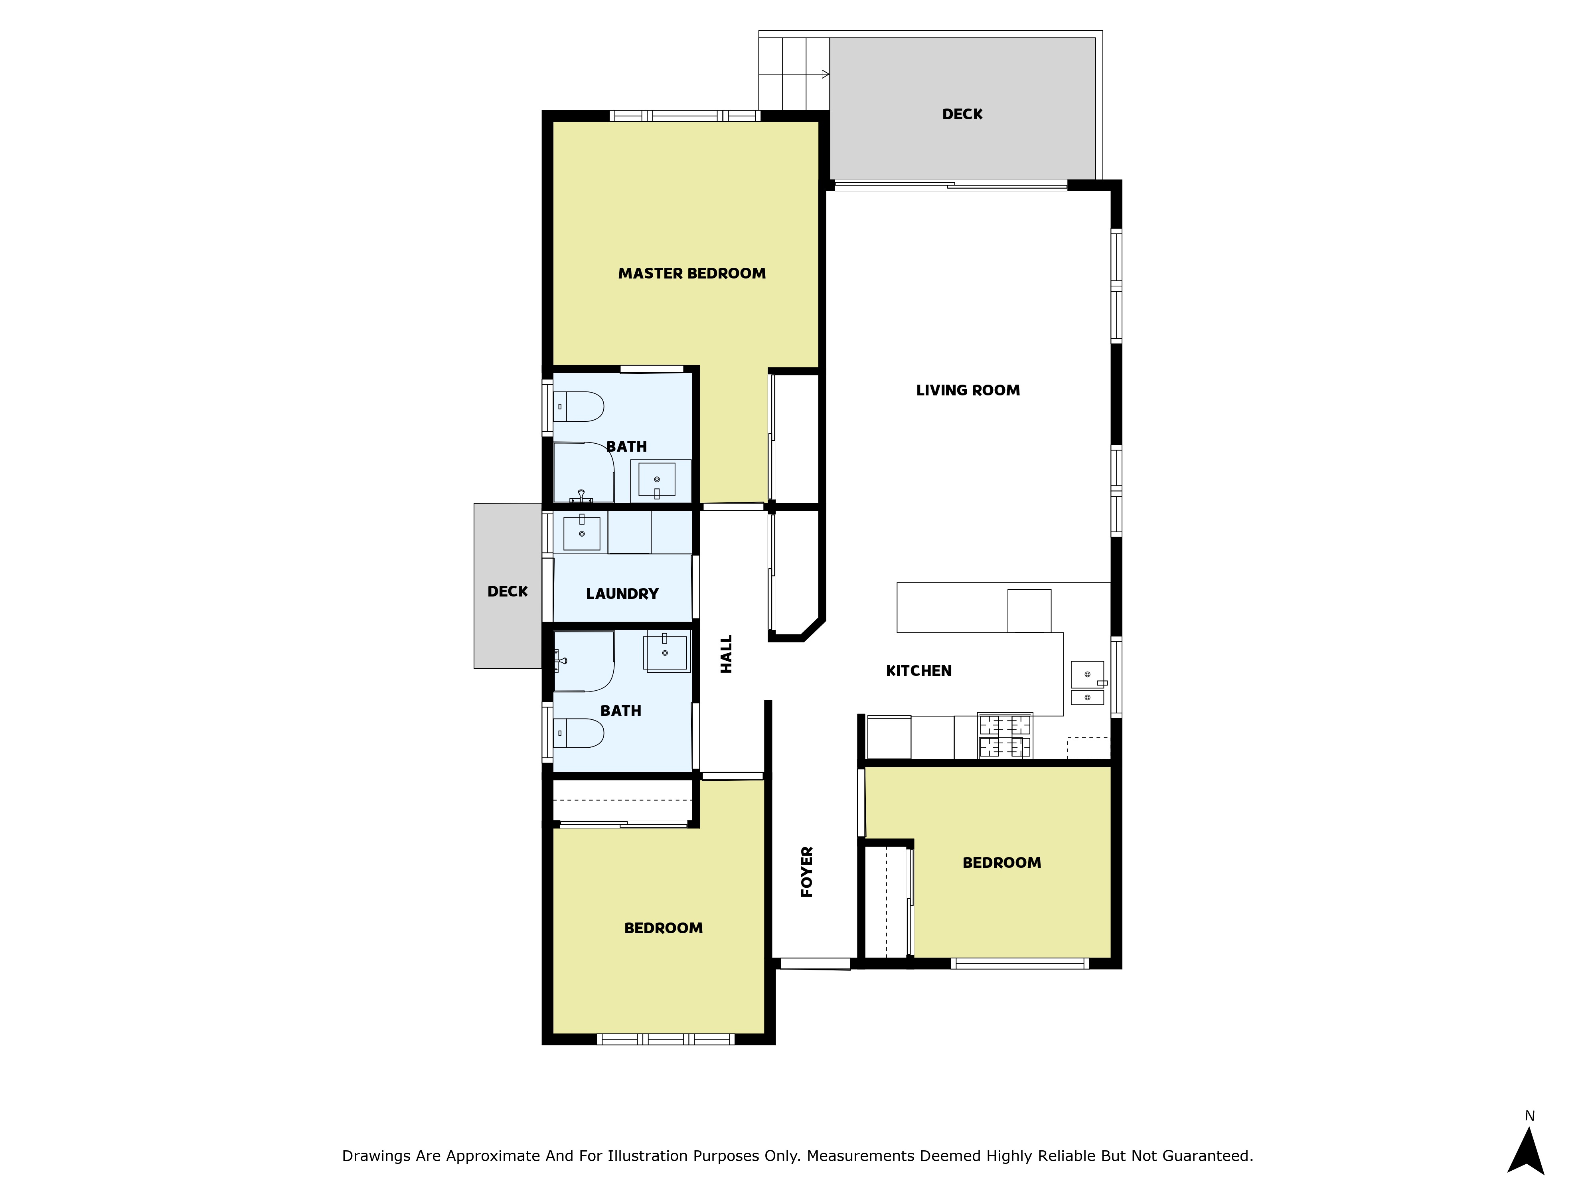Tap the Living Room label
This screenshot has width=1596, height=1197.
(968, 390)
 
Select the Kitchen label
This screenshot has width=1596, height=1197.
(918, 671)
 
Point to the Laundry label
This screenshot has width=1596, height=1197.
(622, 594)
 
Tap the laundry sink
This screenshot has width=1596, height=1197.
(582, 533)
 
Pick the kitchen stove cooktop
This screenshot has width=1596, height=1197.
(1004, 736)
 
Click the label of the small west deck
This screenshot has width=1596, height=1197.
(507, 592)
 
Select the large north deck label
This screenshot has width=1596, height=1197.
(962, 114)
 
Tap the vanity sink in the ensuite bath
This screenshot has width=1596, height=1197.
(657, 480)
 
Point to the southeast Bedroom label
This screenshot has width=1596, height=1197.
(1001, 863)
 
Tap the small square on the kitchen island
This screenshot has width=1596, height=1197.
(1029, 610)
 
